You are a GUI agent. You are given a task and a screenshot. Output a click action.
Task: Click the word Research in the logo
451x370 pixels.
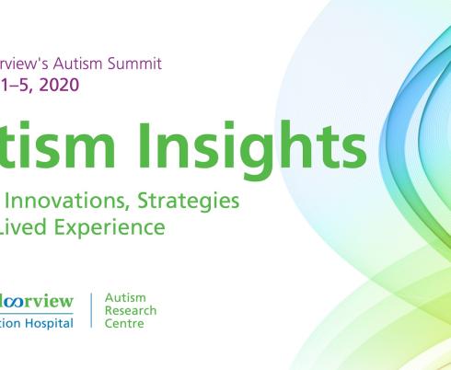tap(131, 311)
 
